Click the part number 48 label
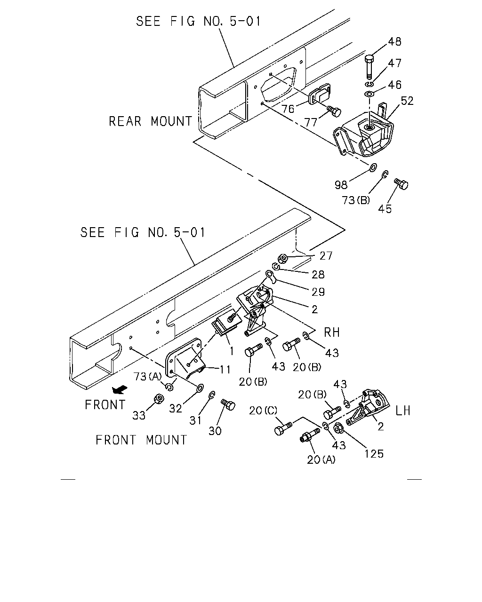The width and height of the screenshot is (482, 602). [x=394, y=42]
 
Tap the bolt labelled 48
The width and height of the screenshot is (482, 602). [x=370, y=67]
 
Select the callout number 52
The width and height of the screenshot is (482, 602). [x=407, y=101]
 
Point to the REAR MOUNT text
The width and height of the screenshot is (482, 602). [x=150, y=121]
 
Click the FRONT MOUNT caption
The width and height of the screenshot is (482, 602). [x=141, y=440]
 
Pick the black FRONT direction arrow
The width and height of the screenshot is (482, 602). [x=120, y=389]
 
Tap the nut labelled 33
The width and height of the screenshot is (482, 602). [x=159, y=399]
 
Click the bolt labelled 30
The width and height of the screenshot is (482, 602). [x=228, y=404]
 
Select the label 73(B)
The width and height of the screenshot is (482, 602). [x=356, y=200]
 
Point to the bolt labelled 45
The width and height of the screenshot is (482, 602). [x=402, y=184]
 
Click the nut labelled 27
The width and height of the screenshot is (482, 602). [x=282, y=258]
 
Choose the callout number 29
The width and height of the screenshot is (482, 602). [x=318, y=292]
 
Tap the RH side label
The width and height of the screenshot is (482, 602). [x=332, y=333]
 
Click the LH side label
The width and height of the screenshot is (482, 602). [x=403, y=411]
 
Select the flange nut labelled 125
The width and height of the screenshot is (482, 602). [x=338, y=428]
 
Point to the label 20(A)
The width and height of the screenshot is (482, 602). [x=321, y=459]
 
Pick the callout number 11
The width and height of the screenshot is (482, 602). [x=225, y=370]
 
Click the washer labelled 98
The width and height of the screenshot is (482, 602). [x=373, y=167]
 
